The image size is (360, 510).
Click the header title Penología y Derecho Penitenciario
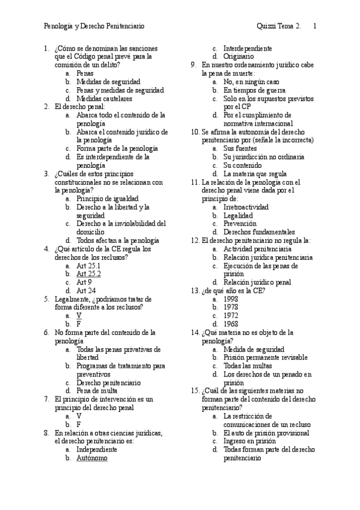tap(94, 26)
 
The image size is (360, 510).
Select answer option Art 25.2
tap(88, 273)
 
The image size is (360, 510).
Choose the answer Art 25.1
tap(88, 265)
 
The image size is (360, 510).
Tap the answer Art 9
tap(84, 281)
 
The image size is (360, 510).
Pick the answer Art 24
tap(87, 290)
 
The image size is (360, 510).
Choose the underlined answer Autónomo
tap(92, 458)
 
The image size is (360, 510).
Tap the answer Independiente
tap(98, 449)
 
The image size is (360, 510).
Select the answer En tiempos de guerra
tap(246, 90)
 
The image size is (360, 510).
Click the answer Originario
tap(239, 57)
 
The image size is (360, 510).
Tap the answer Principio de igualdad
tap(108, 198)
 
